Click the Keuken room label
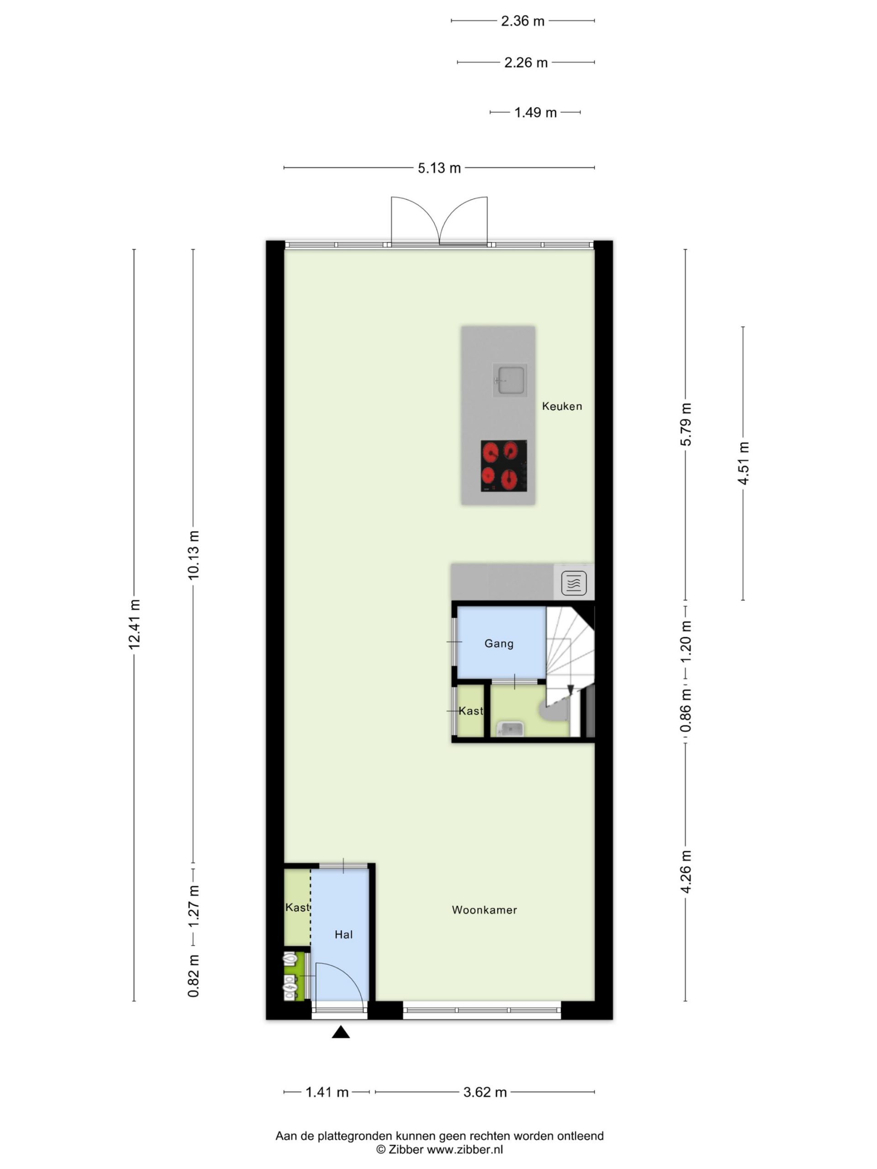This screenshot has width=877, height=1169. click(x=561, y=406)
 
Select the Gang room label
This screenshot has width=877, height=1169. click(x=498, y=643)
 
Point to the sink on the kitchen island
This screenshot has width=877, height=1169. click(x=510, y=380)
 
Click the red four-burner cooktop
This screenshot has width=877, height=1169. click(x=504, y=466)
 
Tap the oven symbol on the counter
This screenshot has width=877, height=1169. click(x=574, y=583)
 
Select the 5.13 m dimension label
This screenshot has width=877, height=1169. click(x=439, y=168)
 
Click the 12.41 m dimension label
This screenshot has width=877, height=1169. click(x=134, y=624)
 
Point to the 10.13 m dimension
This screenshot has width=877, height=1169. click(x=193, y=554)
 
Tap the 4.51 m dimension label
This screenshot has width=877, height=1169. click(x=743, y=463)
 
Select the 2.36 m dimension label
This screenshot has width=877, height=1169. click(x=522, y=21)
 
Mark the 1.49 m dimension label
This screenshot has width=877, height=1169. click(x=535, y=113)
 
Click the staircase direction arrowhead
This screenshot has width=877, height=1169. click(x=571, y=690)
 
